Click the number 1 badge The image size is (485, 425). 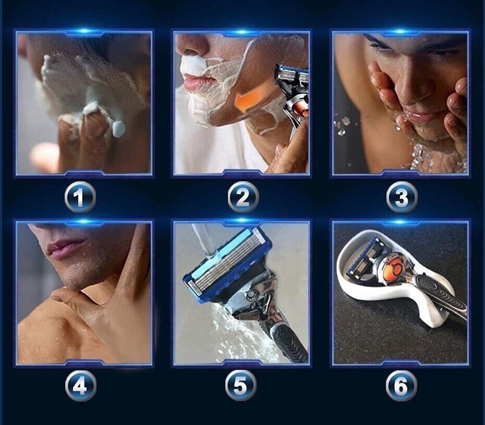(80, 198)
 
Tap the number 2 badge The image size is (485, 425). (242, 198)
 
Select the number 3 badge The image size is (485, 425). (402, 198)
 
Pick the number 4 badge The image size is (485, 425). (80, 386)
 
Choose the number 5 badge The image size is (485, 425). (240, 386)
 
